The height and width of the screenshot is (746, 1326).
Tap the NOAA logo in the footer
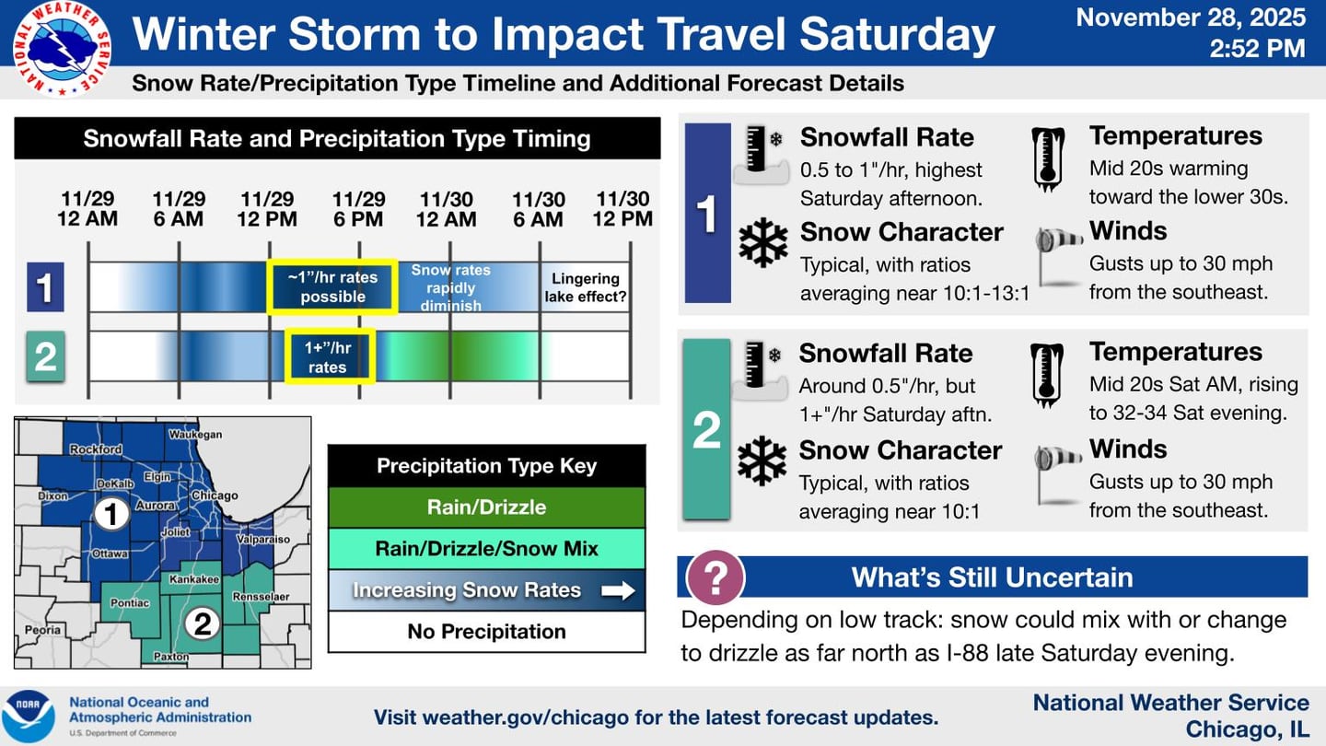coord(28,717)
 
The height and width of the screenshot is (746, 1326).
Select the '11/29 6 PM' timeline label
coord(357,209)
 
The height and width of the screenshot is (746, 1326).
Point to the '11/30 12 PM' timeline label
coord(623,209)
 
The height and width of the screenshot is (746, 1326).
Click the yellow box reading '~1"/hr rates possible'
coord(331,286)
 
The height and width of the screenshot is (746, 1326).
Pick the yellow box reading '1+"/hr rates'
coord(329,356)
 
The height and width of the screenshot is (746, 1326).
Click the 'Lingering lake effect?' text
coord(585,287)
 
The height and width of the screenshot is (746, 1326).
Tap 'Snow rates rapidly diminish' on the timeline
coord(450,287)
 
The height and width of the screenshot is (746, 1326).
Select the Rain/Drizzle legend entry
coord(486,507)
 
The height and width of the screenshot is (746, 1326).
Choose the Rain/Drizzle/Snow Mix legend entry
coord(486,549)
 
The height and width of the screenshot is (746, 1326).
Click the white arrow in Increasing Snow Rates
coord(618,590)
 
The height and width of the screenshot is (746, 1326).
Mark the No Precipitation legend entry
coord(486,632)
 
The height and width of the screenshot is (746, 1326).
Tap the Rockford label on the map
coord(96,449)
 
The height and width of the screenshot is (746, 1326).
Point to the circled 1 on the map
coord(111,514)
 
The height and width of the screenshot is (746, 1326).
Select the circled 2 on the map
coord(202,624)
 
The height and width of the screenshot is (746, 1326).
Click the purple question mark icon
coord(715,577)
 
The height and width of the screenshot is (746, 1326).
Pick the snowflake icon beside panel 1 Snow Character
coord(763,243)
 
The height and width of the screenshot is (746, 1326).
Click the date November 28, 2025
coord(1190,17)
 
